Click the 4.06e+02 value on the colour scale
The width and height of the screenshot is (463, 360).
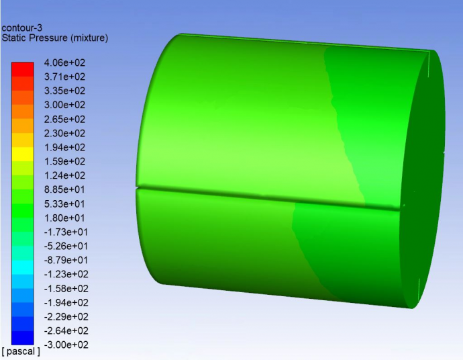coord(64,62)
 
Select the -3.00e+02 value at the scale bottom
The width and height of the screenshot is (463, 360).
coord(66,345)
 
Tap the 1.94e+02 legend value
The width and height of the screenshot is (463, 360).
coord(64,147)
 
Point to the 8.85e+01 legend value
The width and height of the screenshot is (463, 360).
coord(64,189)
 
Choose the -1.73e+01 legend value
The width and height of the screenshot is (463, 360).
coord(66,232)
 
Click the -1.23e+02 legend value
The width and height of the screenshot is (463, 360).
coord(66,274)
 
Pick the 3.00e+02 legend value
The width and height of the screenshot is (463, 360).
coord(64,105)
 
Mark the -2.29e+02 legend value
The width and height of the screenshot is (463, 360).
coord(66,316)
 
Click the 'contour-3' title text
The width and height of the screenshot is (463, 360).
coord(22,28)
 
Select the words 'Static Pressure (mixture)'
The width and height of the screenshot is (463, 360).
coord(55,38)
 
